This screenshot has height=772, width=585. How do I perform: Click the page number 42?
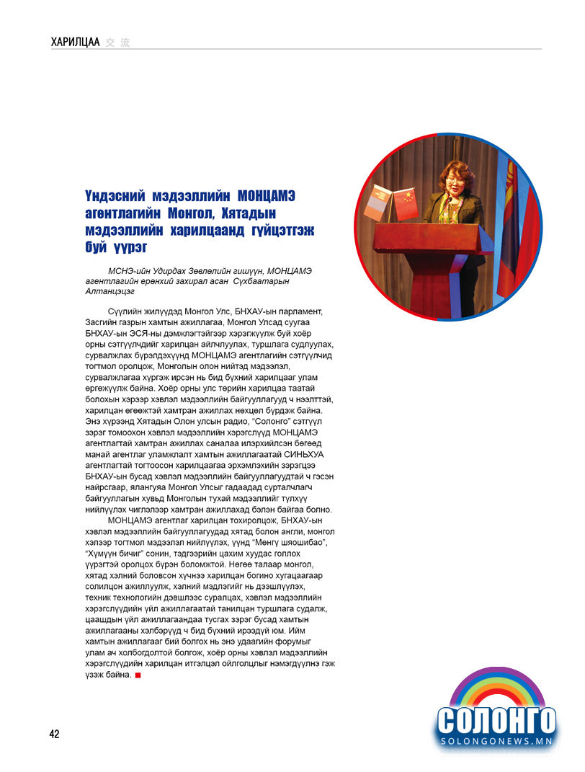point(55,734)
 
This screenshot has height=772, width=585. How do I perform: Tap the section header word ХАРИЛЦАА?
point(75,43)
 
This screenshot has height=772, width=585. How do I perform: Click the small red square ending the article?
point(138,675)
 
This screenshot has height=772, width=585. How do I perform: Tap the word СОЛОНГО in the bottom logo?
point(496,719)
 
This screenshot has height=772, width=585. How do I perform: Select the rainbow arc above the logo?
point(496,686)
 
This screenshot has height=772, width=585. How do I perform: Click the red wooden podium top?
point(429,232)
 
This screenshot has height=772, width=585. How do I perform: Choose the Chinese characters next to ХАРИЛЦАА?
point(117,43)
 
